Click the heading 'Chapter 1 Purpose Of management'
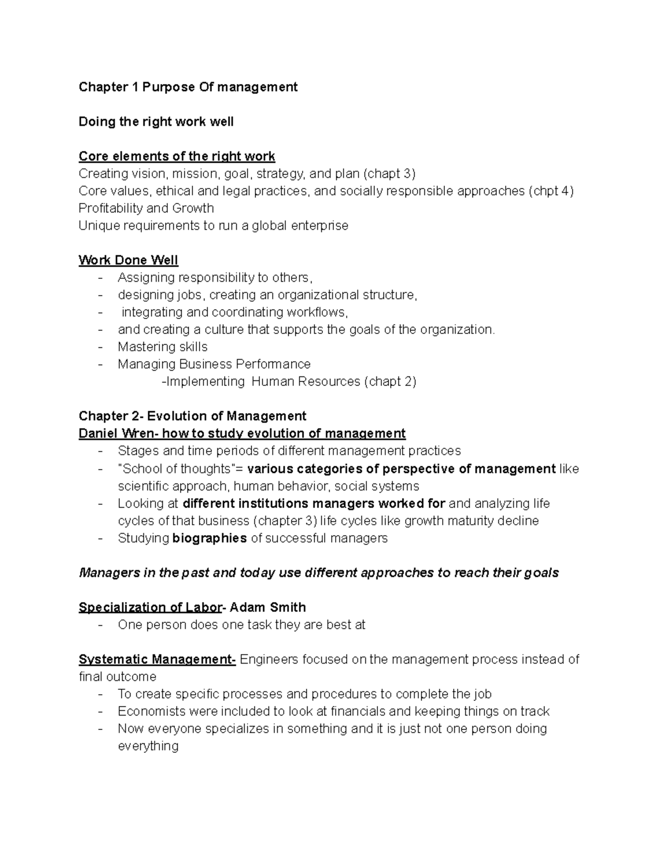coord(188,87)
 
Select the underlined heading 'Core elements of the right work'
coord(177,156)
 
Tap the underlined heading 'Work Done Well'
coord(128,260)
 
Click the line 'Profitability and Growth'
coord(146,208)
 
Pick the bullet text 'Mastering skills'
coord(162,347)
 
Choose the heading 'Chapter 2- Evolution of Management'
coord(192,416)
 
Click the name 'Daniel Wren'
coord(110,433)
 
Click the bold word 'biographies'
coord(210,538)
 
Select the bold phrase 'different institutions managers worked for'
coord(314,504)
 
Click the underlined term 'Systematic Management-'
coord(157,660)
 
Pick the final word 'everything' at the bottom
coord(148,746)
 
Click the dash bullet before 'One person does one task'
coord(100,625)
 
